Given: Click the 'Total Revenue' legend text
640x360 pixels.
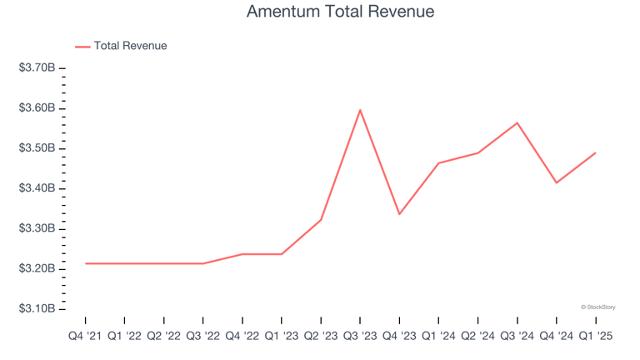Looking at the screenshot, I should [x=130, y=46].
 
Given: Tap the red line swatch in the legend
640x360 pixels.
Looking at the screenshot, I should [x=82, y=47].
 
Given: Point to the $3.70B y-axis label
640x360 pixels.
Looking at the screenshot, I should [x=37, y=68].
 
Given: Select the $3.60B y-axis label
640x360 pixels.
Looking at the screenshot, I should [x=37, y=108].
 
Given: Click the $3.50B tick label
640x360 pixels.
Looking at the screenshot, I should [x=37, y=148].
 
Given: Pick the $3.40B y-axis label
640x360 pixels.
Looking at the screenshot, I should [x=37, y=188].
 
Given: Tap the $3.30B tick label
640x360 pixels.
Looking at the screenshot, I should [x=37, y=228].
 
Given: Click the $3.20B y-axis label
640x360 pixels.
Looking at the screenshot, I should [x=37, y=268].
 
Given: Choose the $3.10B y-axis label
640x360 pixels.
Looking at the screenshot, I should [x=37, y=308].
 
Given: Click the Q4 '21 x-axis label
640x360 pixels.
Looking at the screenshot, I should [x=85, y=336].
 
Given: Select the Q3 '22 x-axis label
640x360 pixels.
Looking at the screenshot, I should [x=202, y=336].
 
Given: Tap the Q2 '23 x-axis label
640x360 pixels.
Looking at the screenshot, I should [x=321, y=336].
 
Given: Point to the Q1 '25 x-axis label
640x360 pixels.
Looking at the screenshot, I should [x=595, y=336].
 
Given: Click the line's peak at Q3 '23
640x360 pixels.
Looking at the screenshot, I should [x=360, y=110].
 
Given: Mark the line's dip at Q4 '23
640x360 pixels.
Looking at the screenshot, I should [x=399, y=214].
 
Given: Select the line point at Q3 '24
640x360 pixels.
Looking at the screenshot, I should [x=517, y=122].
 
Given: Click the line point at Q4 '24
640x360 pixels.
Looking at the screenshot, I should [x=556, y=182].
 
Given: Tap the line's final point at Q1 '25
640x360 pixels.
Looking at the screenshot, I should [x=595, y=152].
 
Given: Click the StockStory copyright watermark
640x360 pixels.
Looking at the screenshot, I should [x=597, y=307].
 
